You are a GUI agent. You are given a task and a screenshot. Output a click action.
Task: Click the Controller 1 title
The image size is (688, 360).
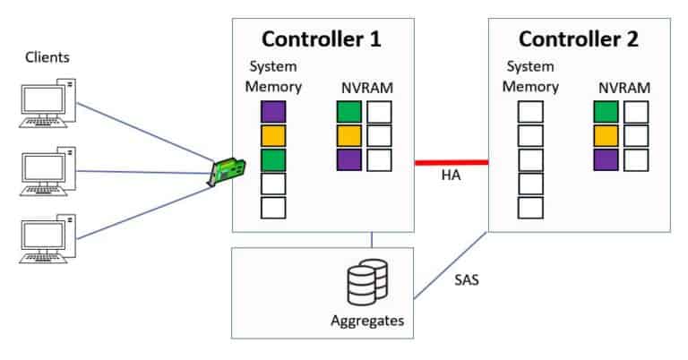coord(321,39)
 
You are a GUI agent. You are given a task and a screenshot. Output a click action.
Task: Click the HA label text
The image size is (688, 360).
coord(451,177)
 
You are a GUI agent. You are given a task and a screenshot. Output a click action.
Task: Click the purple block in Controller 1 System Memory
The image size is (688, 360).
coord(273,112)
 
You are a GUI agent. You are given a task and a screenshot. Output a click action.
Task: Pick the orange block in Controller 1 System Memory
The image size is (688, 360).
coord(273,136)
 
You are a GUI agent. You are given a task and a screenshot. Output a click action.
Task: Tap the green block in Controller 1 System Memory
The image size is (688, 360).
coord(273,160)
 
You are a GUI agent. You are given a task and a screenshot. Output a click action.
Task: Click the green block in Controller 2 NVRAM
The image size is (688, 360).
coord(606,112)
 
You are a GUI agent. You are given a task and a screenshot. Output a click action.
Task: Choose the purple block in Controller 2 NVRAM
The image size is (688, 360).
coord(606,160)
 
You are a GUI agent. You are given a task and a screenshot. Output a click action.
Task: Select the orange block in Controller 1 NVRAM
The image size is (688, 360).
coord(349,136)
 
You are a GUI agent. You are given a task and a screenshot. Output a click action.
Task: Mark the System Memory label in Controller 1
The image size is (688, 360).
coord(273,77)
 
